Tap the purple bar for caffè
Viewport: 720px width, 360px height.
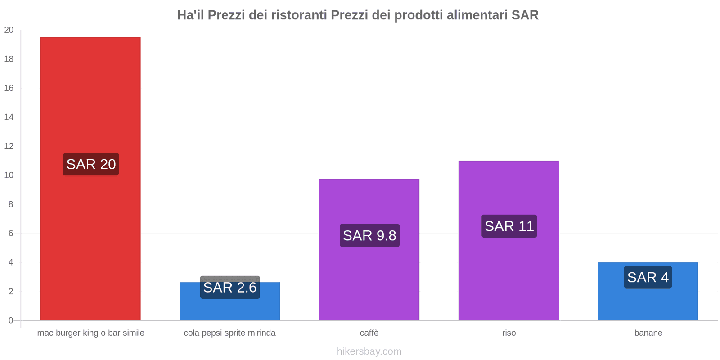369,279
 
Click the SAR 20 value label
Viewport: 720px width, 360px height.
91,164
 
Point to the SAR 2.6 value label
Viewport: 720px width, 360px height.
230,288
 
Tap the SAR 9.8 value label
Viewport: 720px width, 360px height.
369,235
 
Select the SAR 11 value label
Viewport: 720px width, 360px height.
509,226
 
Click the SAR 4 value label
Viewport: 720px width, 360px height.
648,277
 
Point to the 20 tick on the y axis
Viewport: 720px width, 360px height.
9,30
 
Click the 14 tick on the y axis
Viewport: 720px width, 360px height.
9,117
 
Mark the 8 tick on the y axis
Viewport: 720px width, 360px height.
11,204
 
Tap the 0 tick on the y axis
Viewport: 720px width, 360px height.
11,320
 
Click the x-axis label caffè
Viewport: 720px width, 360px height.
369,333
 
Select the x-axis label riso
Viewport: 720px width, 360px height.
509,333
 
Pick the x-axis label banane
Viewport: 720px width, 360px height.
648,333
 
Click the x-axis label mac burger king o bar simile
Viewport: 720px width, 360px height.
90,333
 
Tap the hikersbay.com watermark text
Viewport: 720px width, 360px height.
369,351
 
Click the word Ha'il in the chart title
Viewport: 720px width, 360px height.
190,15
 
